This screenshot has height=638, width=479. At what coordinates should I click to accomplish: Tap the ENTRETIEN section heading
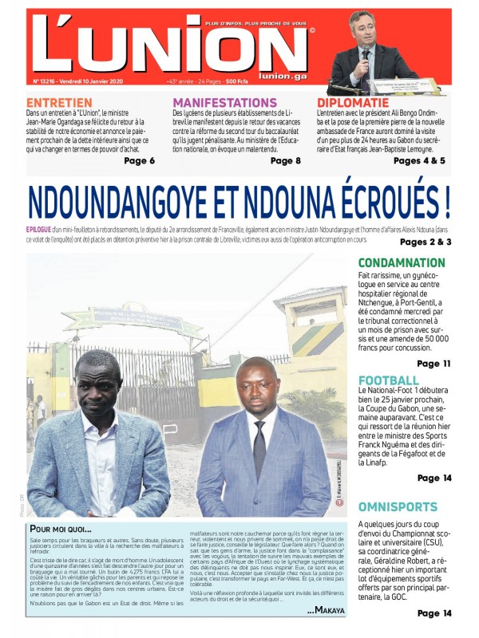(x=59, y=103)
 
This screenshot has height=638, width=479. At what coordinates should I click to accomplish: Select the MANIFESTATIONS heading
(x=229, y=103)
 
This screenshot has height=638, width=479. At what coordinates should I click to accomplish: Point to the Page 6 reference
(x=139, y=161)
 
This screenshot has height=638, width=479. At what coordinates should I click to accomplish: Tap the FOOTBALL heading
(x=388, y=380)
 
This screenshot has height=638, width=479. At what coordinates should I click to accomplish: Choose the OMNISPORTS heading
(x=398, y=506)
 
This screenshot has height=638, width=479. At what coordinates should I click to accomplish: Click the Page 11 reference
(x=433, y=364)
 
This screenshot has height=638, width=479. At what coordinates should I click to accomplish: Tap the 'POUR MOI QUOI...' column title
(x=61, y=529)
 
